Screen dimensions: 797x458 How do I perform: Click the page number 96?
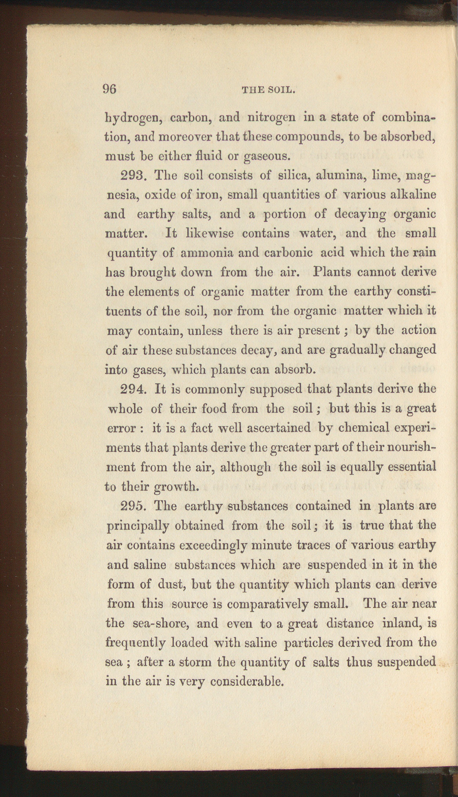coord(109,89)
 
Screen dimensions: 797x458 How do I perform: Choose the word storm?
coord(190,662)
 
